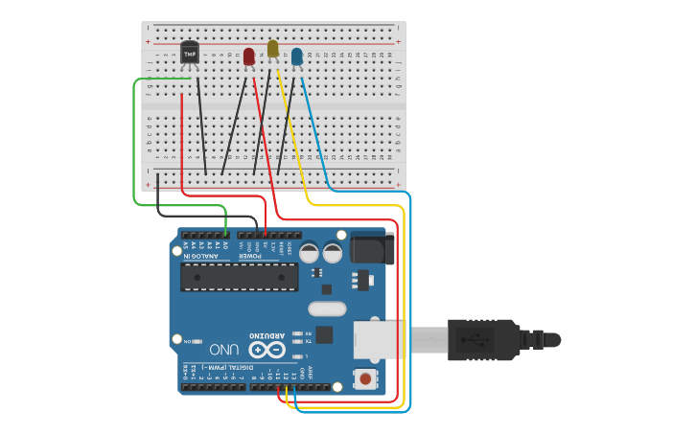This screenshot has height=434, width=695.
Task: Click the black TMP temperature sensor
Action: (x=189, y=53)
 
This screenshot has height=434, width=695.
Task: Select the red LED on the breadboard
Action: (x=249, y=57)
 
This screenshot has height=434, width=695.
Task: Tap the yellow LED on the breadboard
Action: (x=272, y=48)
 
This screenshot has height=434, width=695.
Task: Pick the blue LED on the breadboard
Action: (x=297, y=57)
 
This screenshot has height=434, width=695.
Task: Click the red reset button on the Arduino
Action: (x=365, y=379)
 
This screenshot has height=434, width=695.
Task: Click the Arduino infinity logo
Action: (x=266, y=350)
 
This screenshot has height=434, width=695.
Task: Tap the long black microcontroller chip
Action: (x=239, y=277)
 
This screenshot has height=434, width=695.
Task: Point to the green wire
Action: (x=134, y=144)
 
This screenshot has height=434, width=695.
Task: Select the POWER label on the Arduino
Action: (x=249, y=256)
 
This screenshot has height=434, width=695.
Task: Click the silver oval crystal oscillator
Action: (x=327, y=308)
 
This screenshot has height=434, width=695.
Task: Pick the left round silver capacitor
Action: (x=309, y=252)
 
